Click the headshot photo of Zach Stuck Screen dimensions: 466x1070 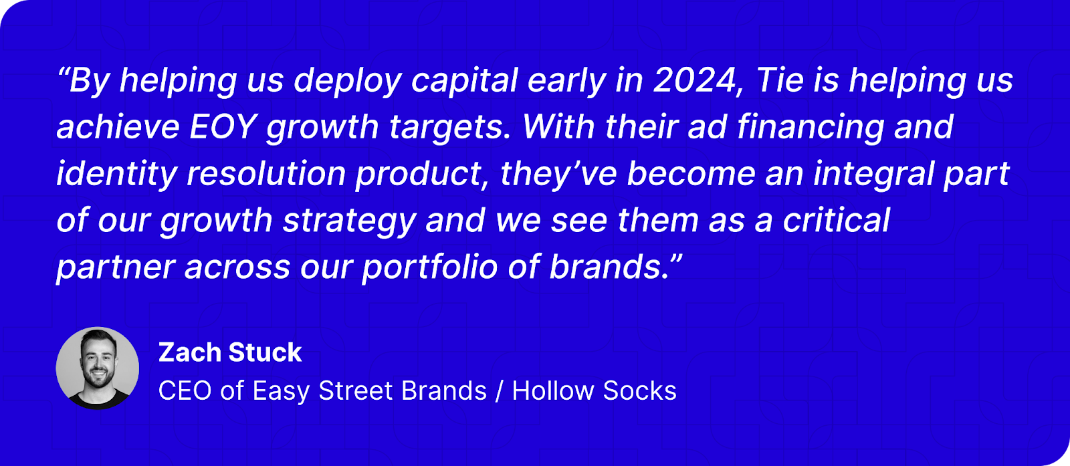click(x=98, y=368)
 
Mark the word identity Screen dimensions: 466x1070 click(x=116, y=174)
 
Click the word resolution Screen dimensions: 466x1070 click(x=266, y=174)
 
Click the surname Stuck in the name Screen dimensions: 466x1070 click(x=265, y=352)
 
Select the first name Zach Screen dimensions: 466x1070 click(x=190, y=352)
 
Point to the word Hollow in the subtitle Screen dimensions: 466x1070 click(x=552, y=390)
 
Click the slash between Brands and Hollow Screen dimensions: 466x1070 click(x=499, y=391)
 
